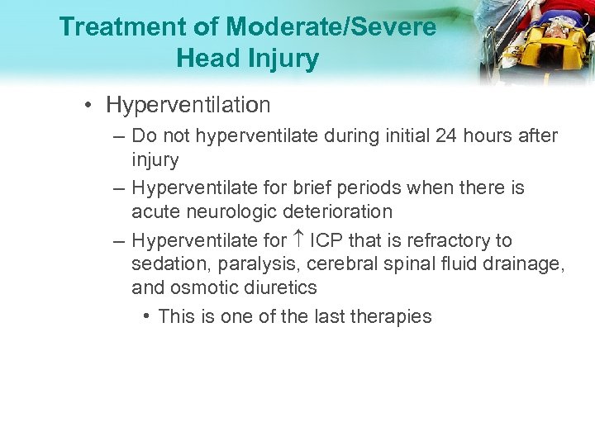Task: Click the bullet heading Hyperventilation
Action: (188, 105)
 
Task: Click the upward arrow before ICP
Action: (298, 240)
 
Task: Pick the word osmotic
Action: (204, 287)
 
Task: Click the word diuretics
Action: (281, 287)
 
